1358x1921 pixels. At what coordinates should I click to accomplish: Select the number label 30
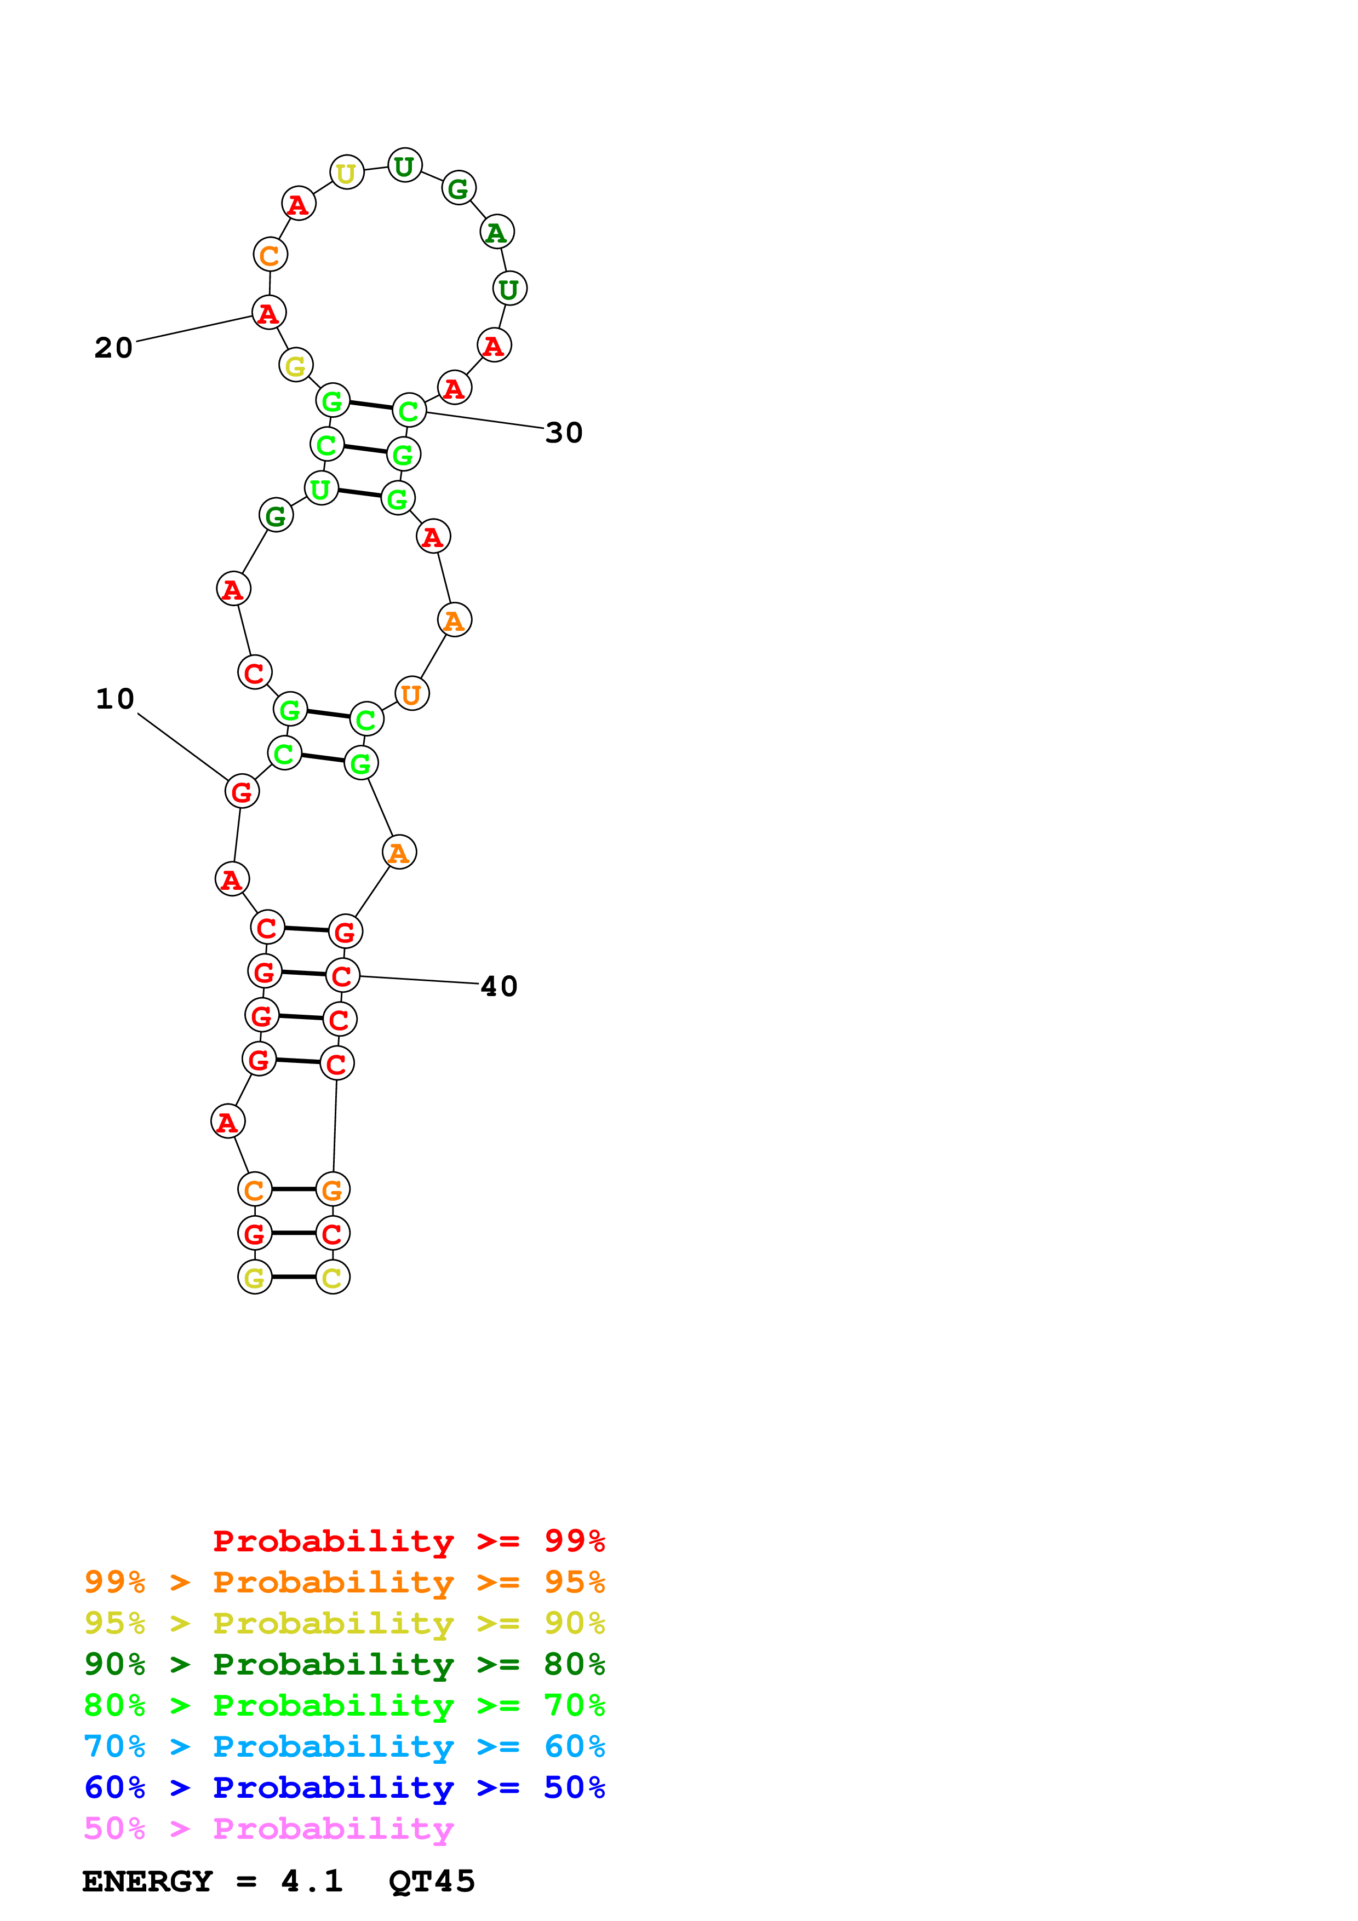(x=563, y=433)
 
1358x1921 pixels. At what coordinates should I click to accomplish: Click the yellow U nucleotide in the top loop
(x=346, y=173)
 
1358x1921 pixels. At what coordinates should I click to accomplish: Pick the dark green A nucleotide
(x=497, y=233)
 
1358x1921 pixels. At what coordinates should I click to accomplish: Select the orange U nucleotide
(x=411, y=694)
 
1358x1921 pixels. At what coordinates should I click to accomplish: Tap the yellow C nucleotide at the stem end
(x=332, y=1278)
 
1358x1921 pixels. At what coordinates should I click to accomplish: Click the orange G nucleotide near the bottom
(x=332, y=1190)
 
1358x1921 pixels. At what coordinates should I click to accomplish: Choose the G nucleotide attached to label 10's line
(x=242, y=791)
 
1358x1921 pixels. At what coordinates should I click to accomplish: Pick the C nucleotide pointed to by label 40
(x=342, y=976)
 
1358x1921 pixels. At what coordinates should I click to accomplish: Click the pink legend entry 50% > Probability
(x=268, y=1829)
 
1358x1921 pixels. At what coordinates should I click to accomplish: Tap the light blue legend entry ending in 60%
(x=344, y=1747)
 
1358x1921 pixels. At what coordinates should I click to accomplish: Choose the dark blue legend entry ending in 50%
(x=344, y=1788)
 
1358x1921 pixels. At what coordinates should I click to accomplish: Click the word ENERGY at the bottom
(x=147, y=1882)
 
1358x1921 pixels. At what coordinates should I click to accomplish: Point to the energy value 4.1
(x=311, y=1882)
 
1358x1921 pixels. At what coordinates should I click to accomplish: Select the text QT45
(x=432, y=1882)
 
